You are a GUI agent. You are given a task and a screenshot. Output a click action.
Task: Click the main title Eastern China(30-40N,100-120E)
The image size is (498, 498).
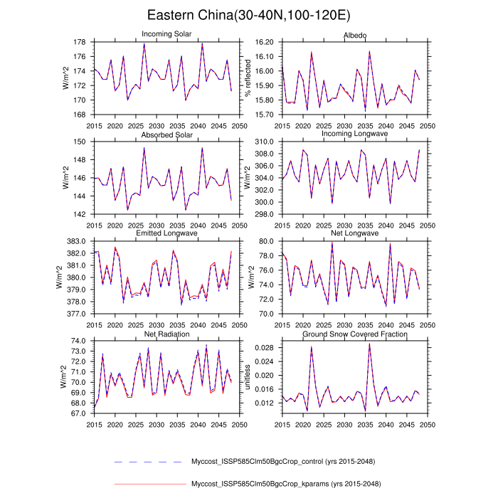(248, 15)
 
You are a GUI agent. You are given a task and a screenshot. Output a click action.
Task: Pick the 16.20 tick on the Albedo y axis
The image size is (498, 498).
(263, 42)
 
